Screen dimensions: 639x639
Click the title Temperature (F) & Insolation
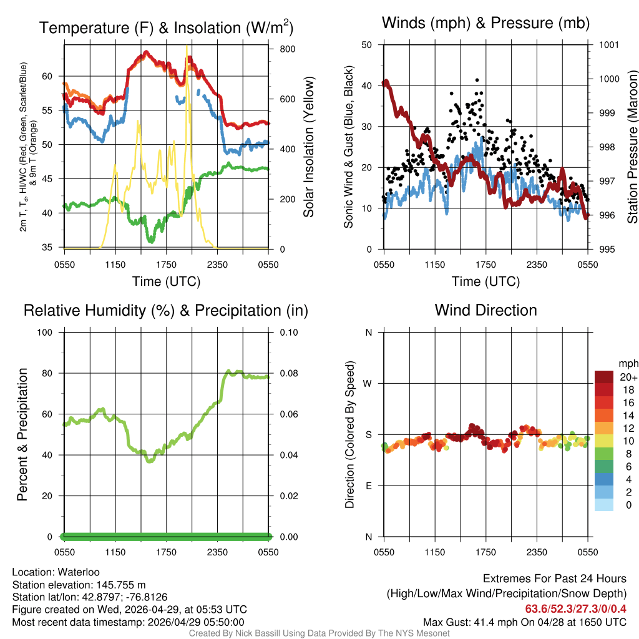(166, 27)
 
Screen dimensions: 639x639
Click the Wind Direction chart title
(485, 310)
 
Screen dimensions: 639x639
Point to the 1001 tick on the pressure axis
(608, 45)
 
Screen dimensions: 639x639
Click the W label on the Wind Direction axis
(368, 383)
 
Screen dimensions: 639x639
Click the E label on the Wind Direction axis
(368, 485)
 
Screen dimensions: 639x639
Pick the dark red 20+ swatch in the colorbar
(603, 377)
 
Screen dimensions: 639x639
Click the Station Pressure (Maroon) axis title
(632, 147)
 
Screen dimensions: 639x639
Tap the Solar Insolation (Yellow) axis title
(308, 147)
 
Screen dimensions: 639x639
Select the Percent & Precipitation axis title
(22, 434)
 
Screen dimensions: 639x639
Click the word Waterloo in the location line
(79, 572)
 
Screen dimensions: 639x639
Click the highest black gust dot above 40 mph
(477, 80)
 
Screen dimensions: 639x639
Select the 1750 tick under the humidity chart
(167, 552)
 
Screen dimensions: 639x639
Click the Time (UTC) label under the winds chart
(485, 281)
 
